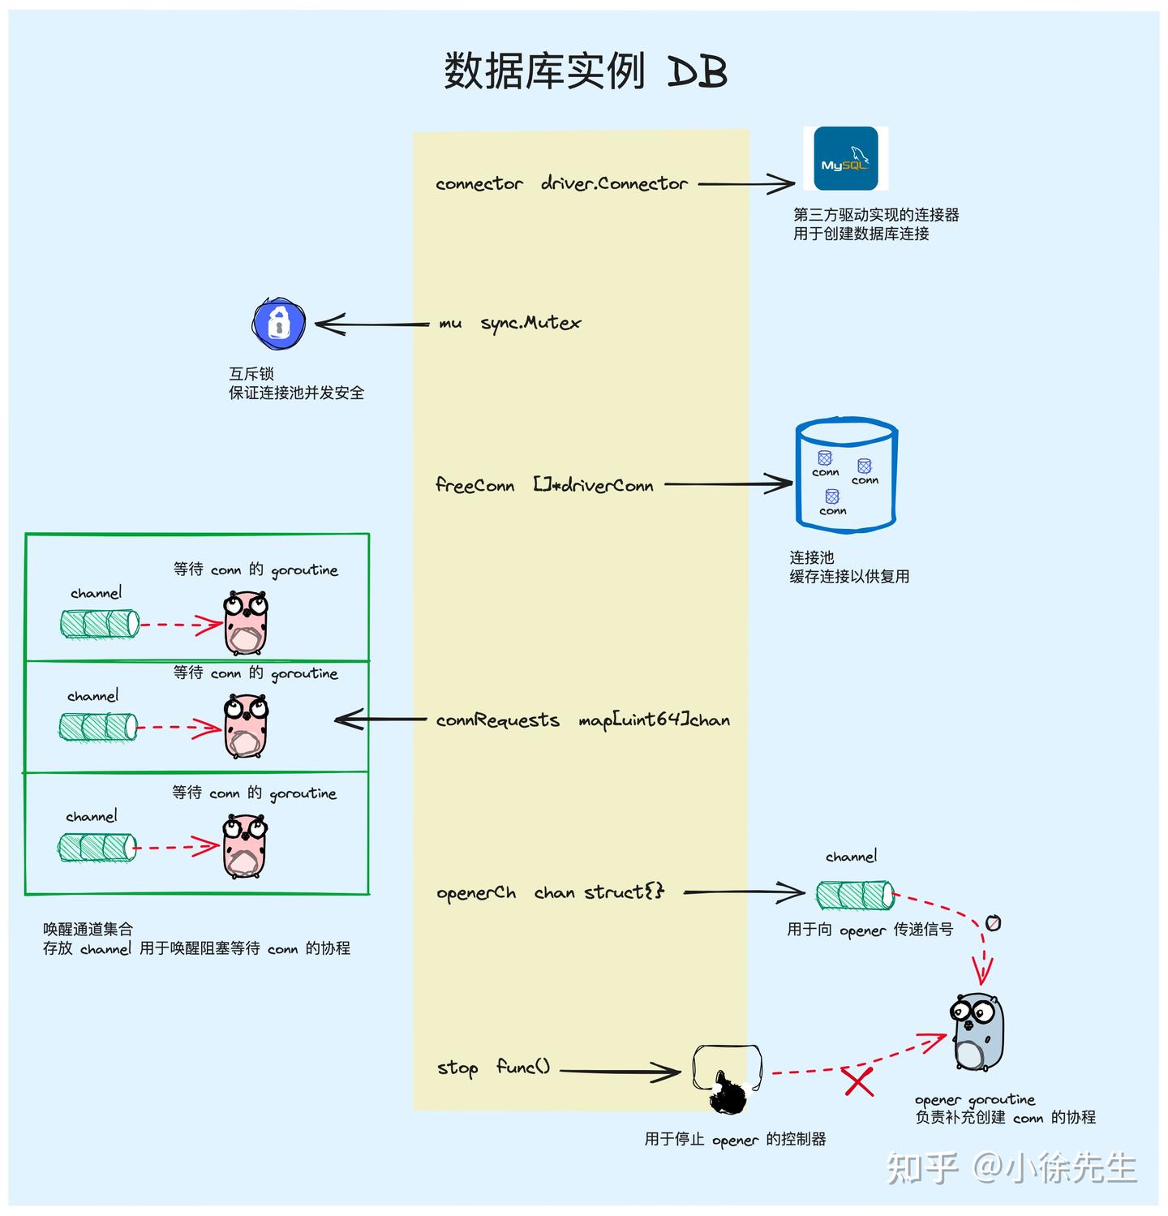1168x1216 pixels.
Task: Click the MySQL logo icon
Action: (845, 158)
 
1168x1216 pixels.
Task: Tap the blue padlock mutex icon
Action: (278, 324)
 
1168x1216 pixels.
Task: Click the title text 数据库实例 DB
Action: (584, 71)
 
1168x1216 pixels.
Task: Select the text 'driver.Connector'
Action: (614, 184)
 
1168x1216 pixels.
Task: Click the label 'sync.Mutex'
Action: (530, 323)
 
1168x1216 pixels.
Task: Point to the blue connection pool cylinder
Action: (846, 477)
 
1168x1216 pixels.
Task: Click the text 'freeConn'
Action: (474, 485)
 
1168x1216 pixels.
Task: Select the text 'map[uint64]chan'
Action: (654, 720)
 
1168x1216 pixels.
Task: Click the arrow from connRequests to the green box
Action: (381, 719)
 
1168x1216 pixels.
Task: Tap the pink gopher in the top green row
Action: (246, 623)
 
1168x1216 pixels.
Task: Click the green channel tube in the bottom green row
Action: (97, 849)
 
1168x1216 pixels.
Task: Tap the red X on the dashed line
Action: (859, 1082)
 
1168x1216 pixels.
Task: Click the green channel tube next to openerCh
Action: (855, 895)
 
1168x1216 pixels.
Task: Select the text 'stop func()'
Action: (493, 1068)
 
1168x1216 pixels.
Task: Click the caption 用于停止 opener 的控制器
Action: (735, 1140)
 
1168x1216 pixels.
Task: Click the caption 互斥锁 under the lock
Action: (251, 374)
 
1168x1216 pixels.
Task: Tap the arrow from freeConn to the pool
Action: (728, 485)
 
